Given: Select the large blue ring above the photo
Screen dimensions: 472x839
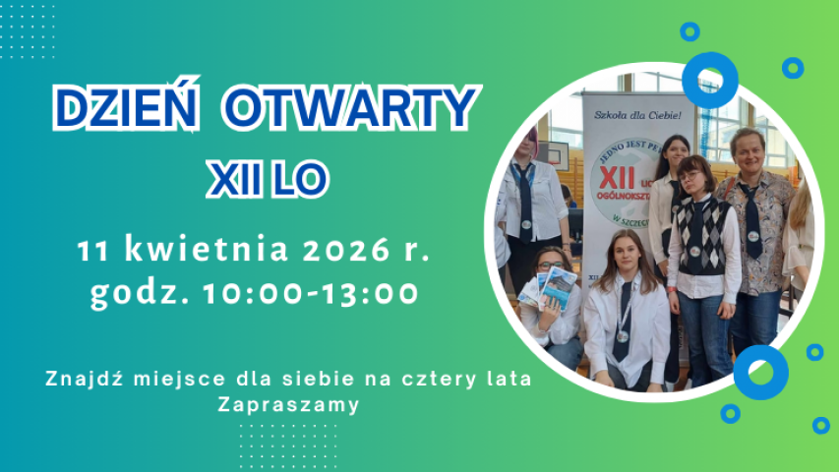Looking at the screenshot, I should click(x=709, y=80).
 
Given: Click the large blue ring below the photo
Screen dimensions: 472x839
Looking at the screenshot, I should click(x=760, y=372).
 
